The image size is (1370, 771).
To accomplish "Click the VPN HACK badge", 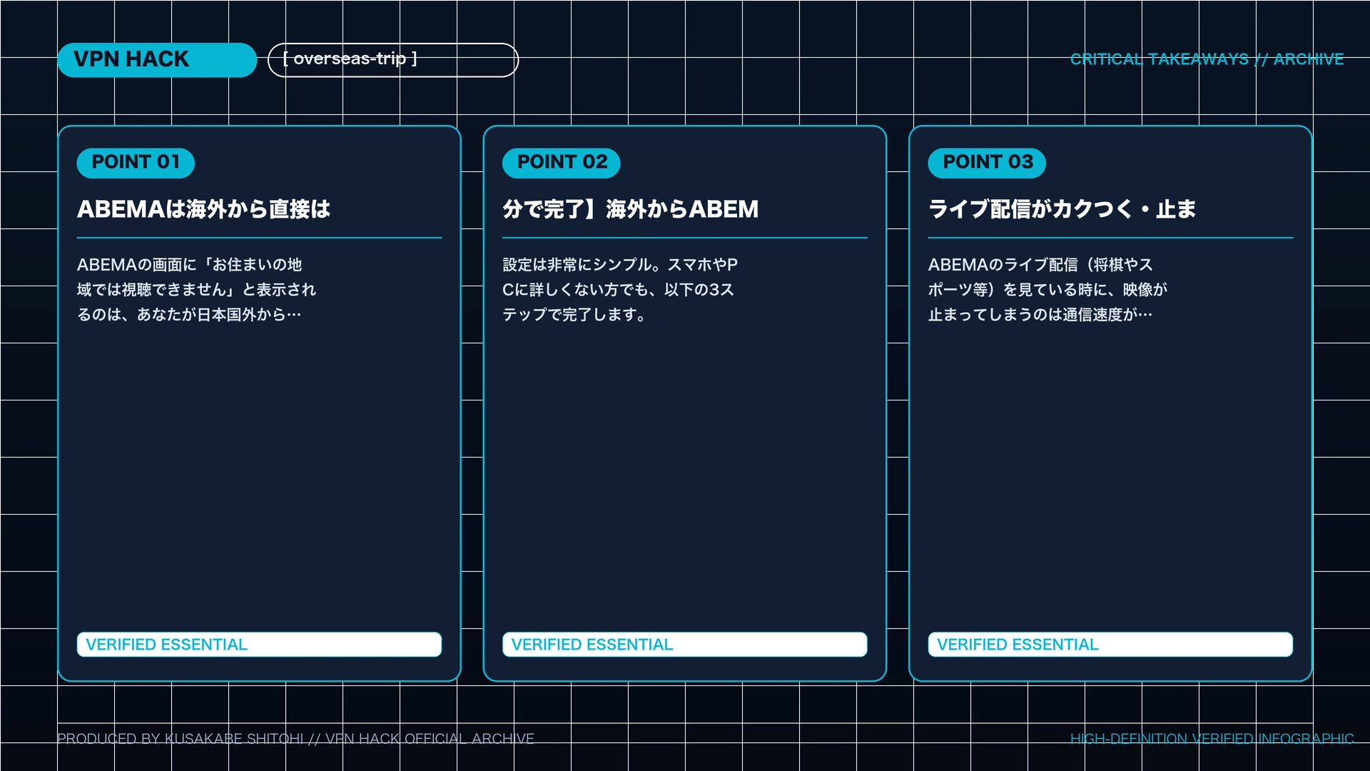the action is coord(157,60).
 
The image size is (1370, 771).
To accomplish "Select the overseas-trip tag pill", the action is coord(393,60).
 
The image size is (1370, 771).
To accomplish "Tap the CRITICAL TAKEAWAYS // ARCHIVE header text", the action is coord(1207,59).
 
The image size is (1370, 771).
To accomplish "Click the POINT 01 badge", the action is coord(136,163).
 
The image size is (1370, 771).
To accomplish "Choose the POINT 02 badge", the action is coord(562,163).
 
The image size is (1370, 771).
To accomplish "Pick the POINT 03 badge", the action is coord(987,163).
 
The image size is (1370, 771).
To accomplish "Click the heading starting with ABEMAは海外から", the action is coord(204,209).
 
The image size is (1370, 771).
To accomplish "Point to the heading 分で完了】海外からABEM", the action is coord(631,209).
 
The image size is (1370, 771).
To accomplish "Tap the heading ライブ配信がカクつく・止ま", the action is coord(1062,209).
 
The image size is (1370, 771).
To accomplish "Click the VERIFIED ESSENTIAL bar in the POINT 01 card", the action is coord(259,645).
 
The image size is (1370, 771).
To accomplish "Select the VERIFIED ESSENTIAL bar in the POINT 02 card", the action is coord(685,645).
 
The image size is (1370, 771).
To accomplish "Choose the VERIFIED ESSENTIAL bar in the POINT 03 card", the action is coord(1110,645).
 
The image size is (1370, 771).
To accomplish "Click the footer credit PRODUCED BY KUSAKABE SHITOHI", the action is coord(181,739).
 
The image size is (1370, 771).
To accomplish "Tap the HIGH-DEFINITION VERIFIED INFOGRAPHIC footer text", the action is coord(1212,739).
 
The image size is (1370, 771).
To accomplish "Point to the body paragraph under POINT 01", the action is coord(197,290).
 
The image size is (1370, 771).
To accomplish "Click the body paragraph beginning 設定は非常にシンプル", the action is coord(620,290).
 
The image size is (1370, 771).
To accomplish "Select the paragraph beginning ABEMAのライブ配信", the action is coord(1047,290).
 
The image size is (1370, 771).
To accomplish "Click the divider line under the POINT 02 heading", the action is coord(685,238).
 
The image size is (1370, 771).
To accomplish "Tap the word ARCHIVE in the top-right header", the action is coord(1309,59).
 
